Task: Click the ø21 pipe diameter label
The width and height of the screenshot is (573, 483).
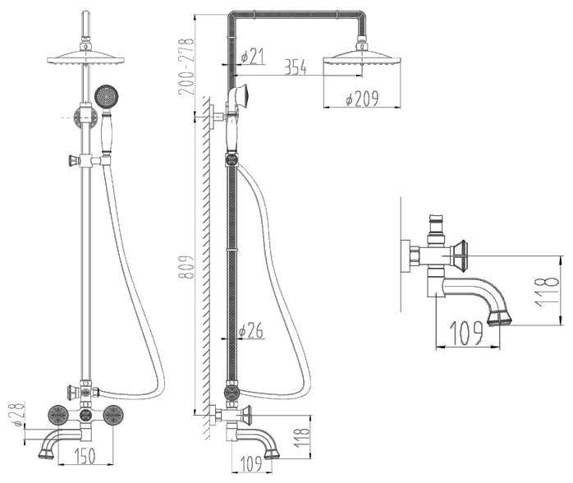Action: (x=253, y=57)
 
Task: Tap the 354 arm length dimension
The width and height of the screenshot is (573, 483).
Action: (x=296, y=67)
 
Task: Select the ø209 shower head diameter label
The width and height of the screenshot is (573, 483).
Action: (x=362, y=99)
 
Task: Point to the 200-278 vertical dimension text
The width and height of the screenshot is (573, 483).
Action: (x=186, y=67)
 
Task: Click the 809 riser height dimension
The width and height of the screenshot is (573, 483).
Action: (x=186, y=266)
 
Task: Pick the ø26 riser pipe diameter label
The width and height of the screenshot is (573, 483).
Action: (x=250, y=330)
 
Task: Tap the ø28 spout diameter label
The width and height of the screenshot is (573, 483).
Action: (x=16, y=414)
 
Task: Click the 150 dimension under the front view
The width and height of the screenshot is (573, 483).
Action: (x=85, y=456)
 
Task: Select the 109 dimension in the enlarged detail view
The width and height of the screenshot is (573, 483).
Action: (x=466, y=333)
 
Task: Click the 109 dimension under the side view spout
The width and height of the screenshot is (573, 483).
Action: (x=251, y=463)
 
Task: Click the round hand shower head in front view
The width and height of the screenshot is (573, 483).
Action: (x=107, y=97)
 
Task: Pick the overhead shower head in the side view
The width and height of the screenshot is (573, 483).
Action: (x=362, y=58)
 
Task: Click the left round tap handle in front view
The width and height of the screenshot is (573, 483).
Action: (x=58, y=415)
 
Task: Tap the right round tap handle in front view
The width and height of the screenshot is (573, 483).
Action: (x=113, y=415)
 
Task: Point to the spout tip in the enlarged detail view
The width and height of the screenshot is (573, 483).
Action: (x=500, y=318)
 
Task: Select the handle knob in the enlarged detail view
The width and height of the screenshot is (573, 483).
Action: (x=459, y=255)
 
